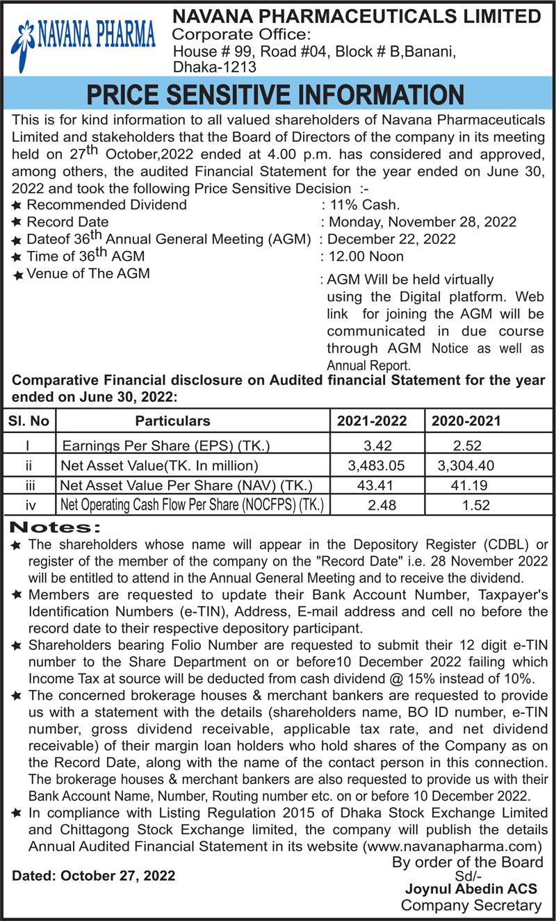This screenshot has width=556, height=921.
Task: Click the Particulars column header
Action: point(172,421)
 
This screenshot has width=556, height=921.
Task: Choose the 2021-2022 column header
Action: point(373,421)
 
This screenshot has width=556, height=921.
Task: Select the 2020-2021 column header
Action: point(466,421)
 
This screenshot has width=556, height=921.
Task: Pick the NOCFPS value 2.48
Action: point(382,505)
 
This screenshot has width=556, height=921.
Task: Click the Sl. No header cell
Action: point(28,421)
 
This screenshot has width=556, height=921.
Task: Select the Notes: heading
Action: point(58,528)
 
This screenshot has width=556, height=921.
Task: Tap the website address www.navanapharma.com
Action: point(452,846)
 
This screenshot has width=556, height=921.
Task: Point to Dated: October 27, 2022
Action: point(94,875)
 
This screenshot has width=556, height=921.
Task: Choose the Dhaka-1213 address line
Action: point(215,67)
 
